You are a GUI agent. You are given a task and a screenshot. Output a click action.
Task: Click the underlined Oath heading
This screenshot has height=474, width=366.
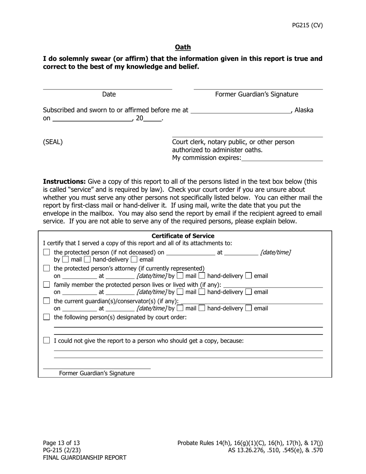point(183,47)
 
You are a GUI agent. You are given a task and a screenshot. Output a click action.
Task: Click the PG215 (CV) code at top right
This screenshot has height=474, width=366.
point(307,25)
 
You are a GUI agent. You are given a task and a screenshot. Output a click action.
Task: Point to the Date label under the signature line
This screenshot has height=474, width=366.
point(109,94)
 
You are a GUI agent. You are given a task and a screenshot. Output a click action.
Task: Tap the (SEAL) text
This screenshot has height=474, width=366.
point(53,142)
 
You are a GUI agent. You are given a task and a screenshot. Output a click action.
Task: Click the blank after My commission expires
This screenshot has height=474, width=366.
point(282,158)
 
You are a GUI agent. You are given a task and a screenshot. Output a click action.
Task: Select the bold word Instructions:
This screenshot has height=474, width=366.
point(64,182)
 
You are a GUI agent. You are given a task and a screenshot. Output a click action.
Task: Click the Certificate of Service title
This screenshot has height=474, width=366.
point(183,236)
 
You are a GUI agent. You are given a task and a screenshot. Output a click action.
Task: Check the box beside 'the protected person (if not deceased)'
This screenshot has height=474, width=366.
point(47,252)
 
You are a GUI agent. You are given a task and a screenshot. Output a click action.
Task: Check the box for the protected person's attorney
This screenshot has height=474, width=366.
point(47,268)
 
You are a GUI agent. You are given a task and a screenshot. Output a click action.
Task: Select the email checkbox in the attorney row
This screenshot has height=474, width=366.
point(249,276)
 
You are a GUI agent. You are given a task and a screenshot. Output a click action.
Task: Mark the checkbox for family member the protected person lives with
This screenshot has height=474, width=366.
point(47,285)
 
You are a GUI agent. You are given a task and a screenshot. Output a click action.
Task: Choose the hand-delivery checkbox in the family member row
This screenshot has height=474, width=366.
point(202,292)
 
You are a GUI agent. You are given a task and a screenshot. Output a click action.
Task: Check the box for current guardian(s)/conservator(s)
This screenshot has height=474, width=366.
point(47,301)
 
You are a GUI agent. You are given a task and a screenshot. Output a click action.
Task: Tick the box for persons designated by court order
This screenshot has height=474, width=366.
point(47,317)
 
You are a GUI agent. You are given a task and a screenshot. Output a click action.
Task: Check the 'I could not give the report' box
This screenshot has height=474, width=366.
point(47,341)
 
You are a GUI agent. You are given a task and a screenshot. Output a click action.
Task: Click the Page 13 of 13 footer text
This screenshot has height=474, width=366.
point(61,443)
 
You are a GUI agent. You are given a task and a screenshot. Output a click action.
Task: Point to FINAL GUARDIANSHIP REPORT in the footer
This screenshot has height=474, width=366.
point(84,458)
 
